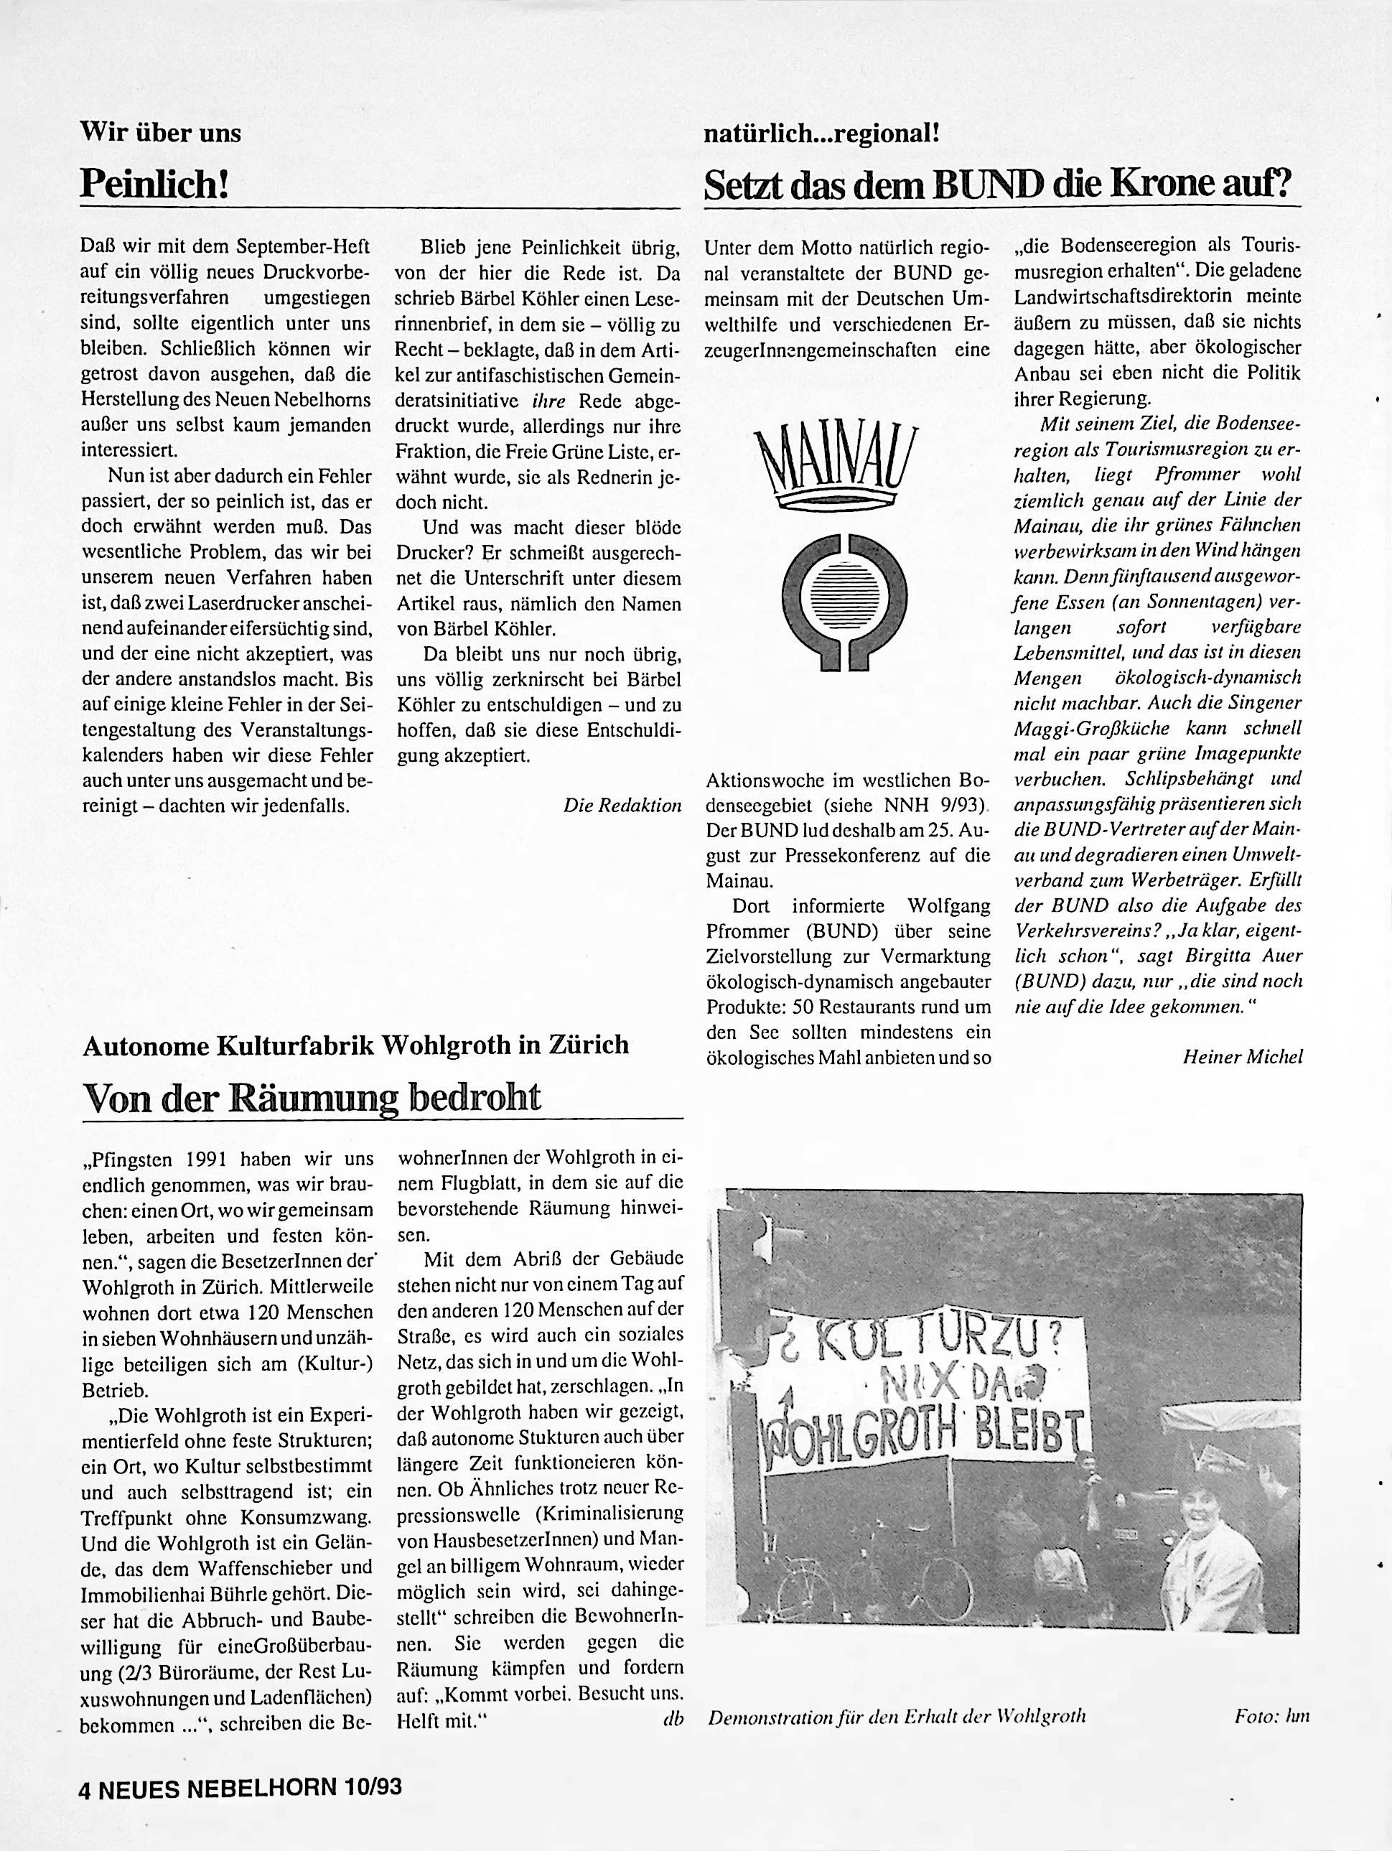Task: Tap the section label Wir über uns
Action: click(160, 132)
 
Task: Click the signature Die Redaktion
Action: click(622, 806)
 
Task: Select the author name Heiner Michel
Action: click(1242, 1057)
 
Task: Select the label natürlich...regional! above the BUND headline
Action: click(822, 132)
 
